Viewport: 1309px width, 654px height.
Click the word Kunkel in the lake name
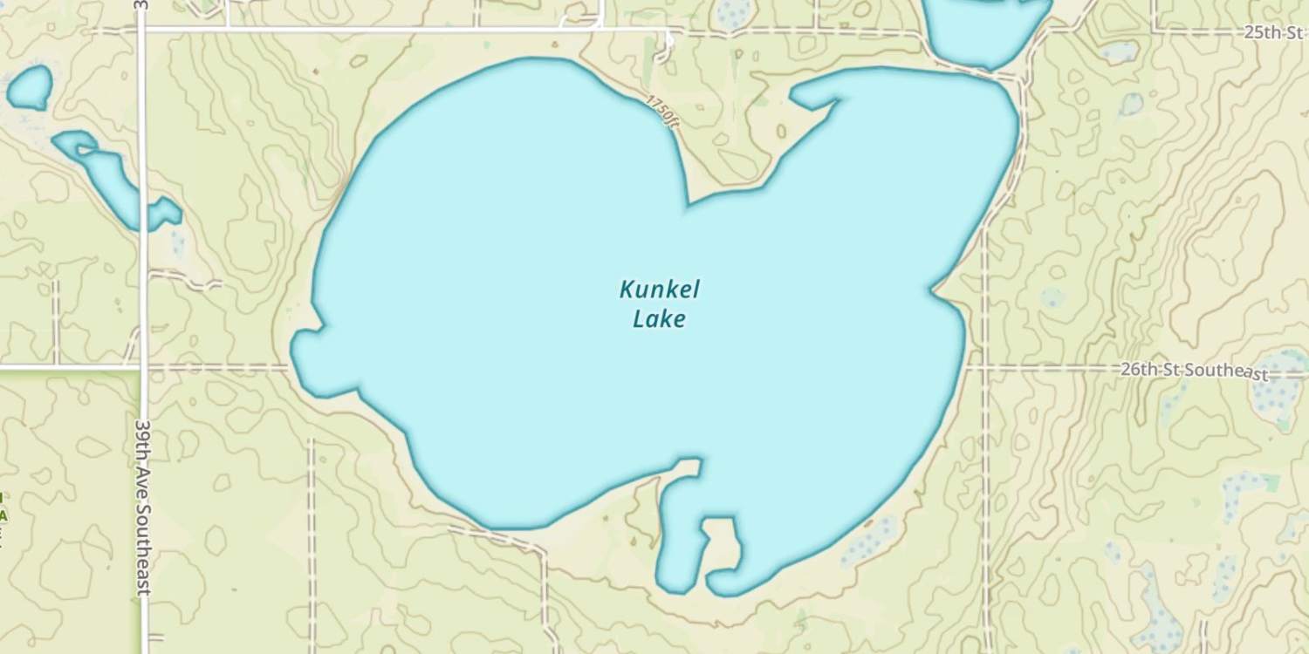(660, 290)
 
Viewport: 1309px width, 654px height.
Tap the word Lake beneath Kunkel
(659, 319)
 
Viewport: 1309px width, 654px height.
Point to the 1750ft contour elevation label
(662, 112)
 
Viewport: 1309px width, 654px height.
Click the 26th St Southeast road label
(1193, 371)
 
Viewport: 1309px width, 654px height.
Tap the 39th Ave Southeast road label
(144, 506)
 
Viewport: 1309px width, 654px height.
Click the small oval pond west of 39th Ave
(31, 88)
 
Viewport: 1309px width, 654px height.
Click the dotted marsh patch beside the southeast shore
(869, 541)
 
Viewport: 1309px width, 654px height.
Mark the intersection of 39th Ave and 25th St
(143, 30)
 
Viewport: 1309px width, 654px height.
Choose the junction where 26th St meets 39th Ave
(143, 368)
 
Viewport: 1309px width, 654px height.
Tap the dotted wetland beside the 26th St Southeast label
(1278, 388)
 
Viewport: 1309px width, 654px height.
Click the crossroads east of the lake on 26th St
(985, 368)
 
